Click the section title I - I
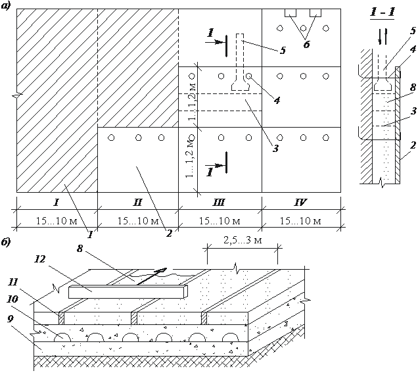click(383, 12)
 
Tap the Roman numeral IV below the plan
click(300, 203)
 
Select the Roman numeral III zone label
click(219, 203)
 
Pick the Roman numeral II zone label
click(137, 203)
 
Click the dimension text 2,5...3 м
click(243, 240)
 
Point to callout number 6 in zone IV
click(306, 44)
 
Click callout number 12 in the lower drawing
click(40, 259)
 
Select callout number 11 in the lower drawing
click(13, 282)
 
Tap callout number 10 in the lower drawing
click(12, 299)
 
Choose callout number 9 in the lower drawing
click(10, 319)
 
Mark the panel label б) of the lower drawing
click(6, 242)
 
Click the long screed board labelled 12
click(128, 291)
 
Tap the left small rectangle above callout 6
click(290, 12)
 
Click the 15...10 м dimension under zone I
click(57, 221)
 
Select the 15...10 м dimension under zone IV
click(300, 221)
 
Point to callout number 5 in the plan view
click(283, 50)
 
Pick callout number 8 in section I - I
click(413, 87)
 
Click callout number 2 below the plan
click(169, 234)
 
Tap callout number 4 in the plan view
click(277, 100)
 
